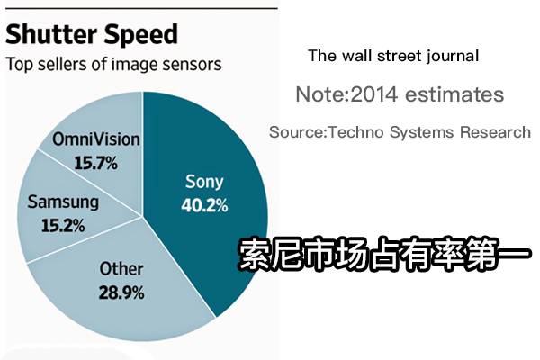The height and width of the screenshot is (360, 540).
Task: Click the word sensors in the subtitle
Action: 191,65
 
